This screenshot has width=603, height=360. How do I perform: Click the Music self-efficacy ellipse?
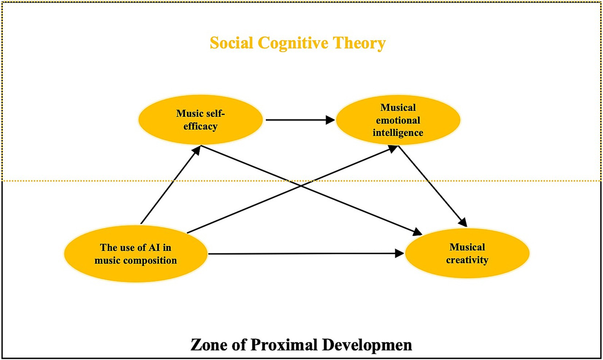[200, 120]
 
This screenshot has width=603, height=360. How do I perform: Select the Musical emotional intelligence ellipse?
[398, 120]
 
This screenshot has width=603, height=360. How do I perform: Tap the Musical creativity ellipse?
[467, 254]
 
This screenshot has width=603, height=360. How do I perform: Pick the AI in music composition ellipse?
[136, 254]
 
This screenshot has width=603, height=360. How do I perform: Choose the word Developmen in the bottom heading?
[367, 345]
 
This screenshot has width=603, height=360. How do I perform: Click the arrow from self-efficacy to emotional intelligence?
[299, 120]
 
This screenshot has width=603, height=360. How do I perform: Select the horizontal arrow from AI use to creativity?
[306, 254]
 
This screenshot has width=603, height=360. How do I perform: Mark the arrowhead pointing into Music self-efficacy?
[197, 149]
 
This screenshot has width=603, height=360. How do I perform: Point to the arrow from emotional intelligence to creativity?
[433, 186]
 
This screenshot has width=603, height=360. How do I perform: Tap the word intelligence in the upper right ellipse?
[398, 133]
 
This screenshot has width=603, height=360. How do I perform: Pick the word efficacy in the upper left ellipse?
[200, 126]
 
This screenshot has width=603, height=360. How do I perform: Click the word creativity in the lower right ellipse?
[467, 260]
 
